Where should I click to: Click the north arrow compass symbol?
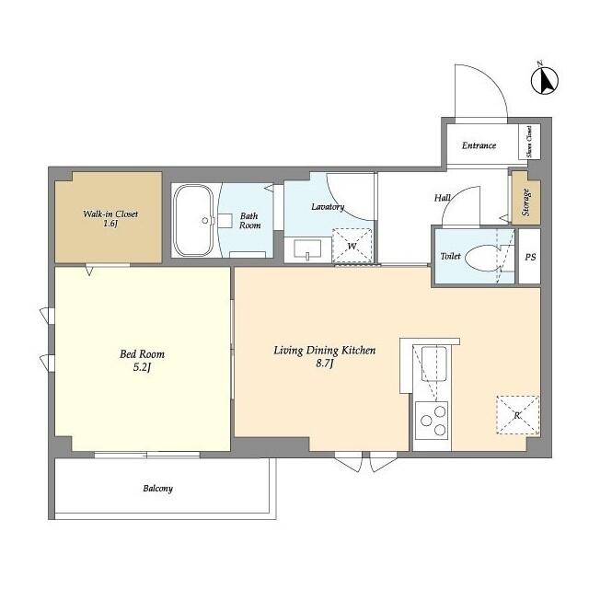click(x=544, y=80)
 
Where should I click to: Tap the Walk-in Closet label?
click(x=110, y=214)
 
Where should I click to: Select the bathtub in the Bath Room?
click(x=194, y=221)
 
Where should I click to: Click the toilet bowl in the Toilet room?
click(x=482, y=258)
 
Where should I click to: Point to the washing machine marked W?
click(x=352, y=246)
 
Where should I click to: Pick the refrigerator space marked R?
click(x=517, y=415)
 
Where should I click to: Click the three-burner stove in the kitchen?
click(x=432, y=421)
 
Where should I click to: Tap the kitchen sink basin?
click(x=434, y=364)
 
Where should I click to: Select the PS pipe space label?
click(x=530, y=258)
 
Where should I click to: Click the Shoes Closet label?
click(x=529, y=142)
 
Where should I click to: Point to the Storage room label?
click(x=525, y=202)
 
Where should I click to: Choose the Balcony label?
click(x=157, y=489)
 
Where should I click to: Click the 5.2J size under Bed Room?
click(x=142, y=367)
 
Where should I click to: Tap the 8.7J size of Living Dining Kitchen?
click(x=325, y=364)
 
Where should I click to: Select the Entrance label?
click(x=479, y=145)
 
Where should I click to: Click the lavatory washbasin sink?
click(x=307, y=249)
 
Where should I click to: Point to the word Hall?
click(x=443, y=198)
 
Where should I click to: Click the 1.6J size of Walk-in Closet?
click(x=110, y=225)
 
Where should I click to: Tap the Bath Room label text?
click(x=249, y=221)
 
